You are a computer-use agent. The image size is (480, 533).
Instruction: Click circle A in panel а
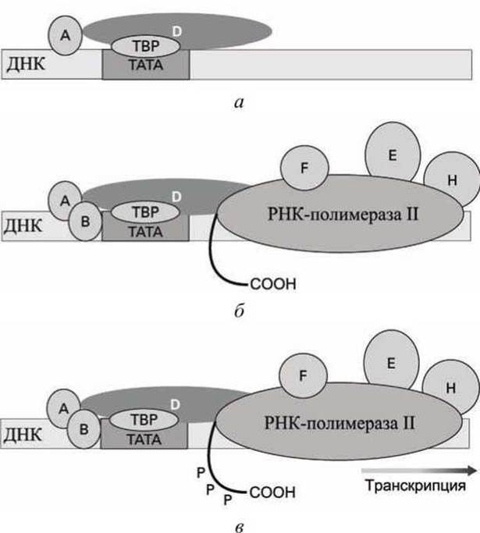tap(66, 35)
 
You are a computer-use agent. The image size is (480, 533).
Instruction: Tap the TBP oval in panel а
tap(146, 46)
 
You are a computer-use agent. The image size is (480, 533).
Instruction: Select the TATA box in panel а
tap(146, 65)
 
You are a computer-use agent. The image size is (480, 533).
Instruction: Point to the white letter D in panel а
tap(177, 32)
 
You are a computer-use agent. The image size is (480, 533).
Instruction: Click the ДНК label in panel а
tap(26, 63)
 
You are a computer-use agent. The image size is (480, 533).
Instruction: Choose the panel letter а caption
tap(240, 102)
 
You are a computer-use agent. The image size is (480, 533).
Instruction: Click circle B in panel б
tap(85, 222)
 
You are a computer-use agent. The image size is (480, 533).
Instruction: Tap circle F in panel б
tap(304, 168)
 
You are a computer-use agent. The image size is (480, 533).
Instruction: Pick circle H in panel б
tap(452, 180)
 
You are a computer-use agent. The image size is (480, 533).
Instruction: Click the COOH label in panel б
tap(273, 284)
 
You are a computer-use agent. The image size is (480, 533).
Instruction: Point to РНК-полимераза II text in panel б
tap(343, 215)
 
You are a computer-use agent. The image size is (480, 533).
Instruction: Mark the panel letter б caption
tap(240, 311)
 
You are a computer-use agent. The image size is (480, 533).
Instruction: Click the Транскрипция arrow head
tap(472, 471)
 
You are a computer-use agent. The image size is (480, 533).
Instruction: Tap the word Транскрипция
tap(416, 485)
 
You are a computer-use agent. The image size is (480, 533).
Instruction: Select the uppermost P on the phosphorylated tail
tap(201, 472)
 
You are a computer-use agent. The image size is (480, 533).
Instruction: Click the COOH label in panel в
tap(272, 492)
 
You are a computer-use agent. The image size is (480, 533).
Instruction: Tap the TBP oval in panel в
tap(144, 420)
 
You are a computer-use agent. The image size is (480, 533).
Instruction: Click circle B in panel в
tap(84, 429)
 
